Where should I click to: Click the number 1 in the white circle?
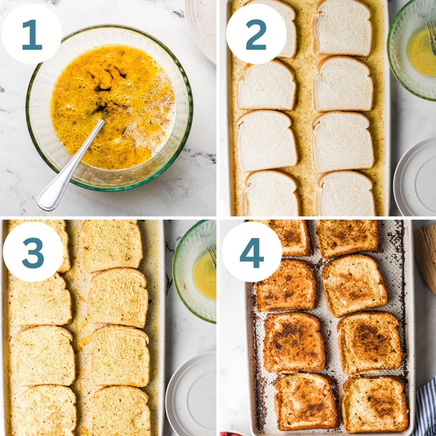click(32, 35)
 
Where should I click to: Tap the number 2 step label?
click(256, 35)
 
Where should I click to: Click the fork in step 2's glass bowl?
click(432, 35)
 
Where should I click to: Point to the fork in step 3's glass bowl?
click(212, 254)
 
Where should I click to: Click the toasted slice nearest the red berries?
click(305, 401)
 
